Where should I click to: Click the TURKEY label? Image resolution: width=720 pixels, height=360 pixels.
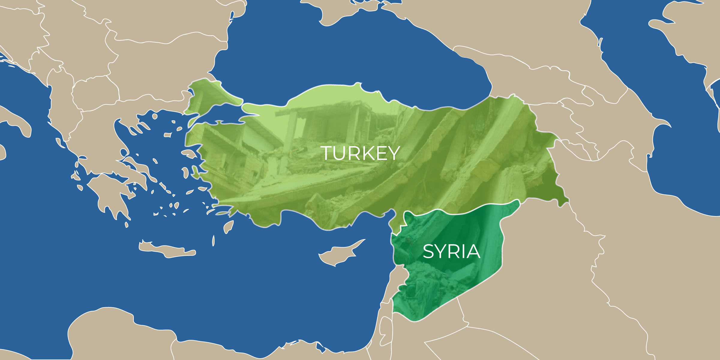click(x=360, y=153)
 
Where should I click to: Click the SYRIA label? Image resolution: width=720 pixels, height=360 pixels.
click(x=451, y=251)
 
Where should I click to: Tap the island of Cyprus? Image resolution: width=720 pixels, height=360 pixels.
click(x=339, y=255)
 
